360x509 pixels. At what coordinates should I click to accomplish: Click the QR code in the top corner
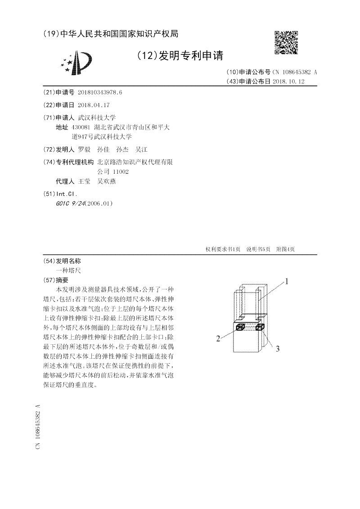[x=286, y=43]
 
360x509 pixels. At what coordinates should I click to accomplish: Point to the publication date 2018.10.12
[x=289, y=81]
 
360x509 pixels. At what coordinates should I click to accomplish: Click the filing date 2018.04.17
[x=94, y=105]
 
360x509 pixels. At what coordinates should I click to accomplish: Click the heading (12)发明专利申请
[x=179, y=55]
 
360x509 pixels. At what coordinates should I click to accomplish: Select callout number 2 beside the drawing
[x=218, y=338]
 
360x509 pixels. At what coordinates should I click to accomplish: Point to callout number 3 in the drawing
[x=278, y=348]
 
